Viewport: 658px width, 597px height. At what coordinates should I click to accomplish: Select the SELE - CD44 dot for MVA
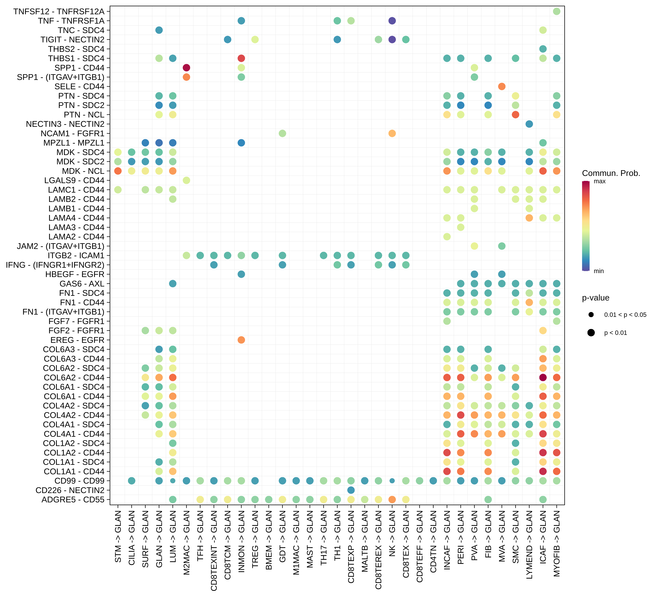pyautogui.click(x=502, y=86)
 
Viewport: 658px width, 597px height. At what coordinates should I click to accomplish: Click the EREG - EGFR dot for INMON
pyautogui.click(x=241, y=340)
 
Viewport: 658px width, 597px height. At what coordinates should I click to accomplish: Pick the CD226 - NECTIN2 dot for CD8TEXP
pyautogui.click(x=351, y=490)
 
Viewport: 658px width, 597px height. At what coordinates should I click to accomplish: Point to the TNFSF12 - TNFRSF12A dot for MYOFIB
pyautogui.click(x=556, y=11)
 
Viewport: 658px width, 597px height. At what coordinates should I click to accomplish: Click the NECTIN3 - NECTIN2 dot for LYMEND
pyautogui.click(x=529, y=124)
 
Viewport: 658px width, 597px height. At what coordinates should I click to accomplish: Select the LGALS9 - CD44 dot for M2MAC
pyautogui.click(x=186, y=180)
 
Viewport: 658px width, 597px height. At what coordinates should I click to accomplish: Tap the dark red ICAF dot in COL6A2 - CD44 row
pyautogui.click(x=543, y=378)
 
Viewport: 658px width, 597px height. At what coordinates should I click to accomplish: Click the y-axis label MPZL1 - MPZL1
pyautogui.click(x=74, y=143)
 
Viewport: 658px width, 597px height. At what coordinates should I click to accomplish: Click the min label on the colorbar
pyautogui.click(x=599, y=271)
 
